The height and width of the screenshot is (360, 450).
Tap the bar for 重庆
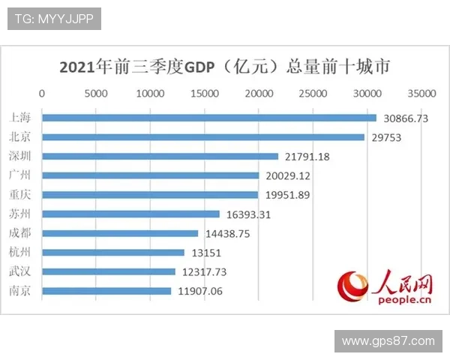coord(150,195)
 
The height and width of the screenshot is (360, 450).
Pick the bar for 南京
coord(106,291)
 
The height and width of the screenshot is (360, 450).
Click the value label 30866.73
coord(406,118)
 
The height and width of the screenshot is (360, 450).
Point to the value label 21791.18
coord(307,157)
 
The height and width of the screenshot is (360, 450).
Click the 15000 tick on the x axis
coord(205,94)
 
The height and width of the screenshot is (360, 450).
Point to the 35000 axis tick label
coord(421,94)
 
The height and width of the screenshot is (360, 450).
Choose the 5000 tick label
coord(96,94)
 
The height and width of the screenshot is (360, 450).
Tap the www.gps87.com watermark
coord(388,341)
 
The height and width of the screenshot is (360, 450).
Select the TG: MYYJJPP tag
coord(54,19)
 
